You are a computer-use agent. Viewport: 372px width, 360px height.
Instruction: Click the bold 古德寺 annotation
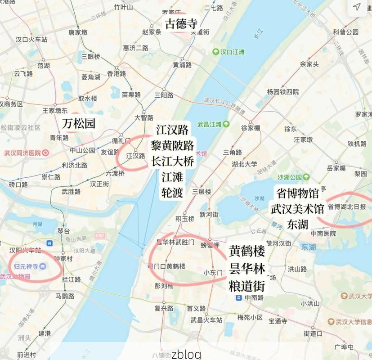point(181,23)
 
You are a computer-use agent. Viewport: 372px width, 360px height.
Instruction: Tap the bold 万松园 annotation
point(79,123)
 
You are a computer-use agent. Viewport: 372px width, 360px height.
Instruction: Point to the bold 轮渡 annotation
point(172,193)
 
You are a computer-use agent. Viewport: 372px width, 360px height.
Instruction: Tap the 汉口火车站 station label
point(31,40)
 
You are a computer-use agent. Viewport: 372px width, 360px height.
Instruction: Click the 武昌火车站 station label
point(206,320)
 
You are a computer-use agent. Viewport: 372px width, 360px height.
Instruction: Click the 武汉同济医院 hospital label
point(22,153)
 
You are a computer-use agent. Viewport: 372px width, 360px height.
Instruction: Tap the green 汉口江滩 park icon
point(216,52)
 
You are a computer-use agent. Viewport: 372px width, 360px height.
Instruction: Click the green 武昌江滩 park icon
point(226,124)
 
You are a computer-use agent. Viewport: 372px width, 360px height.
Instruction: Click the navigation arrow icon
point(357,7)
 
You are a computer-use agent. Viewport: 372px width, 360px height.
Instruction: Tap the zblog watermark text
point(186,354)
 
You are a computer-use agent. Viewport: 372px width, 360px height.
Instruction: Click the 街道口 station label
point(313,334)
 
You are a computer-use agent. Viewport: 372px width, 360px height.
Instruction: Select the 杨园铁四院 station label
point(282,92)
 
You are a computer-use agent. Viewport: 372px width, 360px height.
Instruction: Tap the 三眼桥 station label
point(91,56)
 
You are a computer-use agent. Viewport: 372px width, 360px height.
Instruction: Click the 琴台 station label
point(64,230)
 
